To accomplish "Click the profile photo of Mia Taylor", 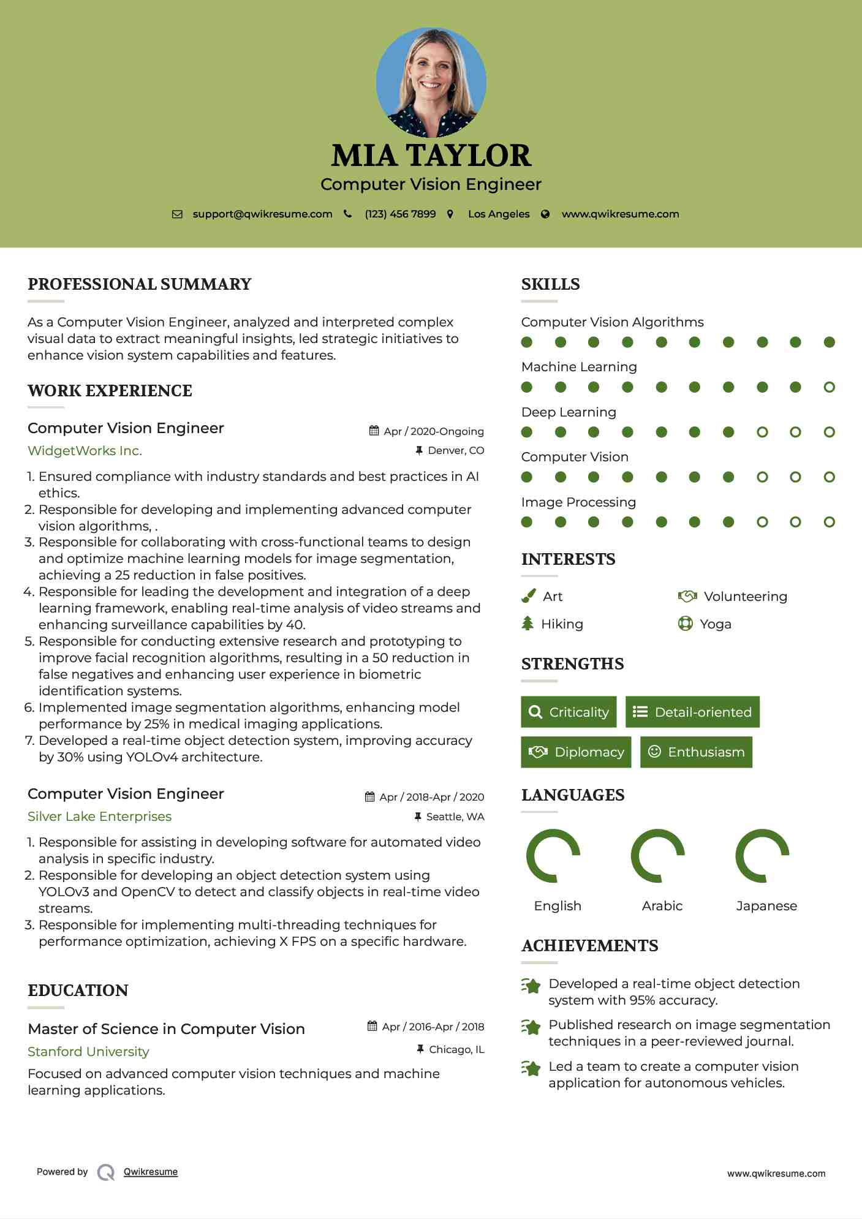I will click(x=431, y=81).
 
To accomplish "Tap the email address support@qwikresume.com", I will click(x=262, y=214).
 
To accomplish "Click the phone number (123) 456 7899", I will click(x=400, y=214).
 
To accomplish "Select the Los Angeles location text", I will click(x=499, y=214).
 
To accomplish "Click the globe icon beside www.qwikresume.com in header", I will click(x=545, y=214).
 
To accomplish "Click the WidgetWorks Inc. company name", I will click(x=85, y=451).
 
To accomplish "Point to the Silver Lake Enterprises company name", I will click(x=99, y=817).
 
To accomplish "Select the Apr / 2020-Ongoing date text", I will click(x=433, y=431).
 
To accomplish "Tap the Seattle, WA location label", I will click(x=455, y=817).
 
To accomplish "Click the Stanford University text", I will click(x=88, y=1052).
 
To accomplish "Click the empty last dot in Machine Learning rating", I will click(x=829, y=387).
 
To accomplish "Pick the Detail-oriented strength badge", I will click(x=692, y=712).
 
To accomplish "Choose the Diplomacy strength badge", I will click(x=576, y=752).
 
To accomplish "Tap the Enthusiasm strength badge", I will click(x=696, y=752).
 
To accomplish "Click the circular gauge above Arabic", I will click(x=657, y=856).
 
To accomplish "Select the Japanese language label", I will click(x=766, y=906).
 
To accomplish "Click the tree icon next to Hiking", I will click(x=527, y=624).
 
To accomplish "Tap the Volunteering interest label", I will click(x=745, y=597).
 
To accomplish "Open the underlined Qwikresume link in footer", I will click(x=151, y=1172).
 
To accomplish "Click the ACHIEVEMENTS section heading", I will click(x=589, y=946).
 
